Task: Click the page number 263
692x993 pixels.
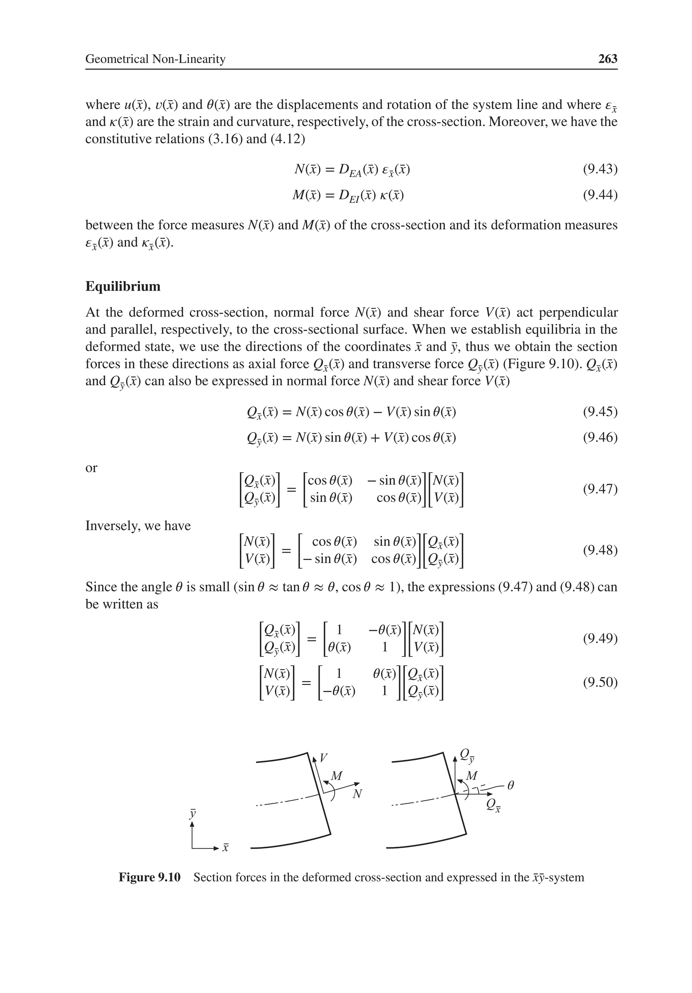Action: point(607,59)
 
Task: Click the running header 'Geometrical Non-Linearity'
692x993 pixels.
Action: point(155,59)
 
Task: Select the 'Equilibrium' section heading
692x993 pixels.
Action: point(123,286)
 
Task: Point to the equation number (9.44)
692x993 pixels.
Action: point(600,196)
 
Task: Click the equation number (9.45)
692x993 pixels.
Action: point(600,411)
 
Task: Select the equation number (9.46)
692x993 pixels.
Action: point(600,438)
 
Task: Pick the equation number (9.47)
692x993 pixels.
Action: point(600,489)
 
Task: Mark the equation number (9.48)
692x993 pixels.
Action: point(600,550)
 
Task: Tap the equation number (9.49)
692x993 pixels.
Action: point(600,638)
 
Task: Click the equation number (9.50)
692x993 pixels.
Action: point(600,683)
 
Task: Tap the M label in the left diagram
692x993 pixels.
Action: point(336,776)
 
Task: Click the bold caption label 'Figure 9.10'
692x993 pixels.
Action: point(149,877)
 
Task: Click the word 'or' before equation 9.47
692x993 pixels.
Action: point(91,467)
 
